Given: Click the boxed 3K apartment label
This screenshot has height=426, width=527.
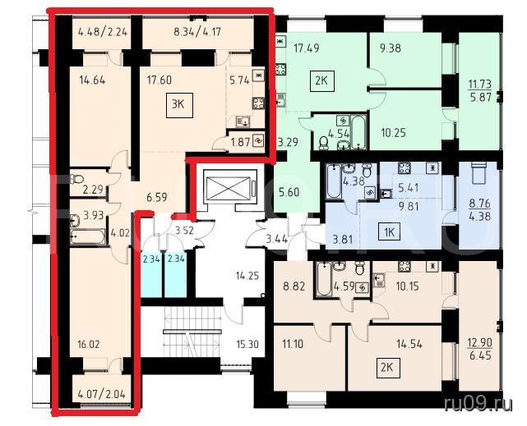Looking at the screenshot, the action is click(179, 106).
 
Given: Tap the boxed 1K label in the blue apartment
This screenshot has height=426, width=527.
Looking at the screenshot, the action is click(390, 231).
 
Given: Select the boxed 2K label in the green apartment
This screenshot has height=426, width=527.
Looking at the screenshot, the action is click(321, 80).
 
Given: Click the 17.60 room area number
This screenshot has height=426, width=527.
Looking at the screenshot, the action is click(159, 80).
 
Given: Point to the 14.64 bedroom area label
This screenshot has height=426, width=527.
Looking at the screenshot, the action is click(92, 80).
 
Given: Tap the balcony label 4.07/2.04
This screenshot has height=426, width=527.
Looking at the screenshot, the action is click(101, 393).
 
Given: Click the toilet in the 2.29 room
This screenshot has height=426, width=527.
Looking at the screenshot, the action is click(77, 178).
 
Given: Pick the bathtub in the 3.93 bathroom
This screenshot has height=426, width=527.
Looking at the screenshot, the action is click(87, 236).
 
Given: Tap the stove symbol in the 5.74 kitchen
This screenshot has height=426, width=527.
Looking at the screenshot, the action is click(258, 103).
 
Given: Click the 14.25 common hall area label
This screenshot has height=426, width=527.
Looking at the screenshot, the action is click(247, 276).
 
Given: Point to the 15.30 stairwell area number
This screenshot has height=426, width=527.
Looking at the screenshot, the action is click(247, 345).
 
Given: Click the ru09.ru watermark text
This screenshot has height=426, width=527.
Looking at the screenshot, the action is click(478, 405).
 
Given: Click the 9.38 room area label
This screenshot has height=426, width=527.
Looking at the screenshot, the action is click(391, 48).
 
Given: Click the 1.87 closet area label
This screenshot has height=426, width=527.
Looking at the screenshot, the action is click(240, 142).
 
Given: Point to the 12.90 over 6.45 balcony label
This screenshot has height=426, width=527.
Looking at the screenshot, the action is click(480, 349).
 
